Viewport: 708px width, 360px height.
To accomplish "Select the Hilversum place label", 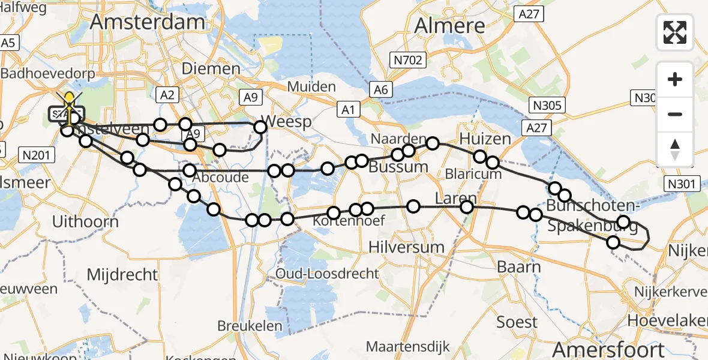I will tap(406, 247).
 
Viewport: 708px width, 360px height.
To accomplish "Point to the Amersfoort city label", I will tap(608, 349).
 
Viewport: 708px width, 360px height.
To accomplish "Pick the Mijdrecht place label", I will tap(122, 275).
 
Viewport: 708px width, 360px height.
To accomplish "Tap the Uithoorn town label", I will tap(85, 221).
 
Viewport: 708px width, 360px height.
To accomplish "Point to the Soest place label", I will tap(517, 322).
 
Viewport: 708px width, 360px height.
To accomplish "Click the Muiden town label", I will tap(311, 86).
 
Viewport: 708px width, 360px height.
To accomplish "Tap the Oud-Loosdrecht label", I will tap(327, 274).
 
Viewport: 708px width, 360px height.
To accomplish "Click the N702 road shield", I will tap(408, 60).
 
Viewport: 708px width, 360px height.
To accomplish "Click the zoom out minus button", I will tap(675, 114).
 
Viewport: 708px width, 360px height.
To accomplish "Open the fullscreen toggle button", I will tap(675, 32).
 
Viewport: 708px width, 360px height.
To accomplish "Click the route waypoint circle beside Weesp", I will tap(260, 127).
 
